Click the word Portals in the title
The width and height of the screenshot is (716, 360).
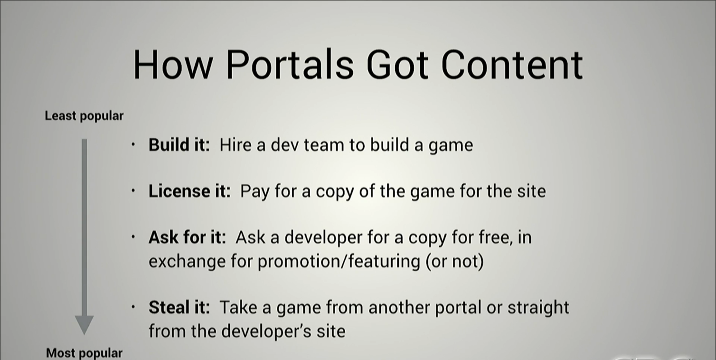point(290,65)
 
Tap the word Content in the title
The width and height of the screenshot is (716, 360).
point(512,65)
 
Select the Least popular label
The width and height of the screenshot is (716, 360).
point(84,116)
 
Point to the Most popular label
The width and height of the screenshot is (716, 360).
point(84,353)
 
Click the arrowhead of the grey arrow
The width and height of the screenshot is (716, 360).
point(84,325)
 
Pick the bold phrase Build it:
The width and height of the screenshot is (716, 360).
point(179,145)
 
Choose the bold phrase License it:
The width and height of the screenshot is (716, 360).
point(189,191)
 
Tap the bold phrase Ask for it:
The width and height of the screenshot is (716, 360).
point(187,237)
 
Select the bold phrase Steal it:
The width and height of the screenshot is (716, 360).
point(179,307)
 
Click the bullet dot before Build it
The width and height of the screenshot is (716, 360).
point(133,145)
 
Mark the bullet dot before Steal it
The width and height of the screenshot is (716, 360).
point(133,307)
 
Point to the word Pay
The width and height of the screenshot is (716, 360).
point(255,192)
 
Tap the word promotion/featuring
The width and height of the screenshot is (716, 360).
point(339,262)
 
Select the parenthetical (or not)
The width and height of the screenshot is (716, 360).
point(455,262)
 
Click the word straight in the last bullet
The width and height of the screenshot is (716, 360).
point(538,309)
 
